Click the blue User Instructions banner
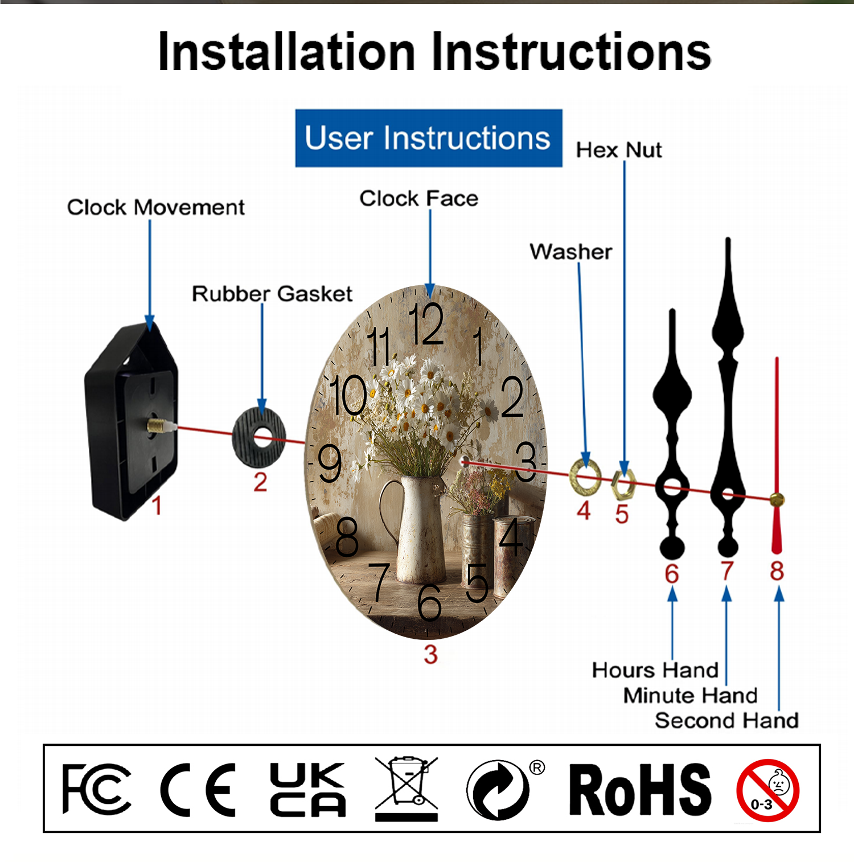coord(429,138)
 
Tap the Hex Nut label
coord(619,150)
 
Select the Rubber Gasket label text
coord(272,294)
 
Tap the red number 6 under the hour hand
coord(672,574)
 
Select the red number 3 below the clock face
coord(430,655)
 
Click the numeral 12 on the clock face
coord(426,324)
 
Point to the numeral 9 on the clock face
coord(330,463)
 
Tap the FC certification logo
coord(96,789)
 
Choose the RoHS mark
coord(640,790)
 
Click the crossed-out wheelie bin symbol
coord(407,789)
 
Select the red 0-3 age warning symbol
coord(767,790)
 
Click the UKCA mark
coord(307,790)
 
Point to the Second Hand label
coord(726,721)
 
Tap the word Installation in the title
coord(286,52)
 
